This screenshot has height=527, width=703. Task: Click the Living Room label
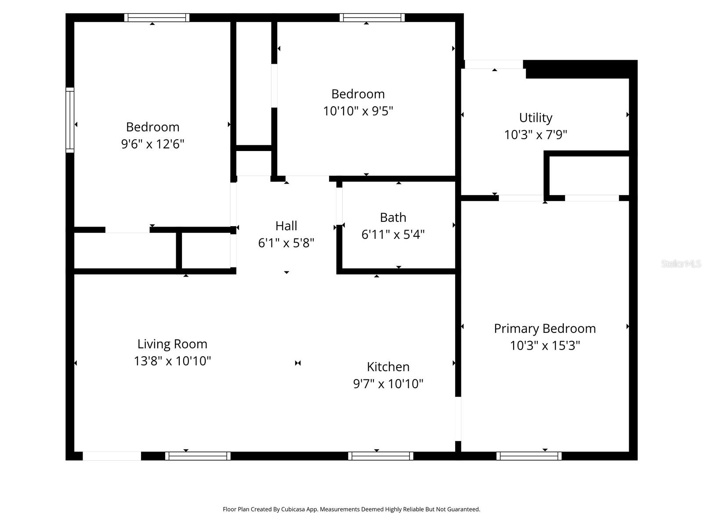coord(172,344)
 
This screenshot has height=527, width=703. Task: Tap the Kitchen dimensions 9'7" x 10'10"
coord(388,384)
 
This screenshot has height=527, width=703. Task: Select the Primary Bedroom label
coord(545,328)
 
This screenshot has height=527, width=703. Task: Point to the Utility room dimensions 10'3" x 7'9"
coord(536,135)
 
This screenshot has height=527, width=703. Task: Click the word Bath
coord(393,217)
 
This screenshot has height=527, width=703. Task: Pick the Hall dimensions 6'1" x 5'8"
coord(286,243)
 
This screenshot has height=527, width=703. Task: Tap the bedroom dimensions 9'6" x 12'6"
coord(152,144)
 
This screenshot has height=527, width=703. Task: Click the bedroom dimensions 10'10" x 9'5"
coord(358,111)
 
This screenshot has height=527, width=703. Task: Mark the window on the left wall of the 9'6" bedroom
coord(70,120)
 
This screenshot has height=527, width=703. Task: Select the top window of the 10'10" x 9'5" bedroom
coord(372,18)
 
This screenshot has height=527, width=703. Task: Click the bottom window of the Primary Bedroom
coord(529,456)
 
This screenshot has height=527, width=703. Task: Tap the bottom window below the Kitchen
coord(380,456)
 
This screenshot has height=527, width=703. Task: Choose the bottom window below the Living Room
coord(198,456)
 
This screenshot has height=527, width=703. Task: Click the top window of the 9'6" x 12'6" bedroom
coord(156,18)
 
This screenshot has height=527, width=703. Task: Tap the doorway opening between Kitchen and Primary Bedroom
coord(458,419)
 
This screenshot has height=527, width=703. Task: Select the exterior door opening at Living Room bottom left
coord(112,456)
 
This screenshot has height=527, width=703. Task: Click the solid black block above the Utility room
coord(580,69)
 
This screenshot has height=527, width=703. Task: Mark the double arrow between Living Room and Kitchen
coord(298,363)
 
